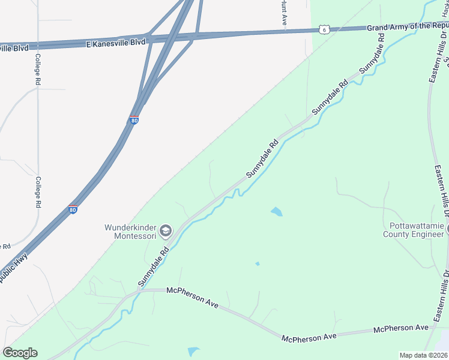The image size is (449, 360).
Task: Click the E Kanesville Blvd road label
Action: pyautogui.click(x=115, y=43)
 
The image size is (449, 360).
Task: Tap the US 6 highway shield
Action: pyautogui.click(x=324, y=29)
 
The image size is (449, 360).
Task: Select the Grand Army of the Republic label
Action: pyautogui.click(x=407, y=26)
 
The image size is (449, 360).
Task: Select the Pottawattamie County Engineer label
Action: pyautogui.click(x=413, y=230)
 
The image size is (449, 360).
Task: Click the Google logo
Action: pyautogui.click(x=20, y=352)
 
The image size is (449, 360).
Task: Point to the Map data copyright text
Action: pyautogui.click(x=423, y=355)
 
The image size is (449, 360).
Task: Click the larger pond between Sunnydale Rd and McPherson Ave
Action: pyautogui.click(x=277, y=211)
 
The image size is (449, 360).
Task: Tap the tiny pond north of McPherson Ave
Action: pyautogui.click(x=258, y=263)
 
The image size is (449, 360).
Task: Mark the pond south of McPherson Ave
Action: pyautogui.click(x=193, y=352)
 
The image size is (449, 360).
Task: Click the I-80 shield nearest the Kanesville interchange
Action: pyautogui.click(x=134, y=120)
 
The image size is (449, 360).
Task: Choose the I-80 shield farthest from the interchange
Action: pyautogui.click(x=73, y=209)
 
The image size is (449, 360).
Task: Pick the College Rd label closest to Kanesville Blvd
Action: pyautogui.click(x=37, y=69)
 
